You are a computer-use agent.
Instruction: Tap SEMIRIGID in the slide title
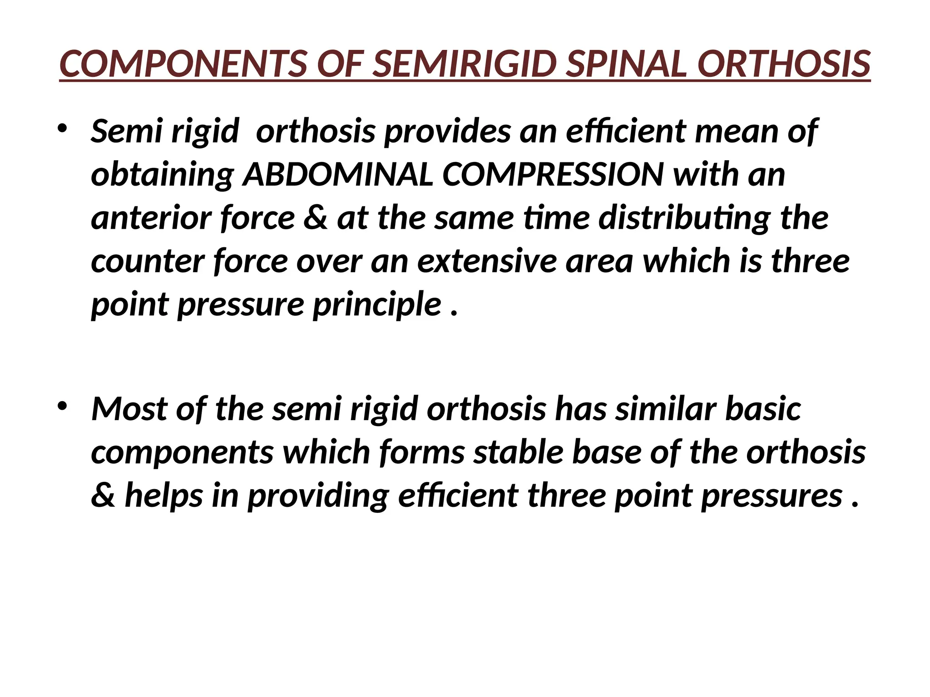point(465,64)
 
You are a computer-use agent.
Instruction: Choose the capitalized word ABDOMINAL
point(338,175)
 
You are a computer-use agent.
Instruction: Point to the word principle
point(377,305)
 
